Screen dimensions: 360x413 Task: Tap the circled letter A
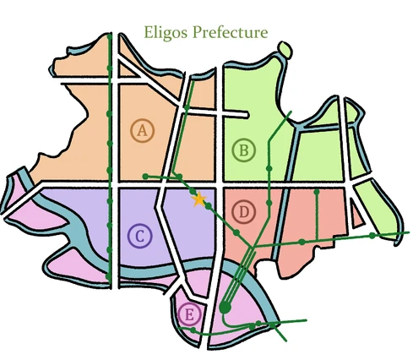coord(143,130)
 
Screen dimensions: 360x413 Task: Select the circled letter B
coord(243,150)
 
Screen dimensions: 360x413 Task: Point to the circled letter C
coord(139,236)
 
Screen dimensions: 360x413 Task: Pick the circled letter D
coord(243,210)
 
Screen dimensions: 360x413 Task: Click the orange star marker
coord(200,200)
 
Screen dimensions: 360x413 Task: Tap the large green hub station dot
coord(225,307)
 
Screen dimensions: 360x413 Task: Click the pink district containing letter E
coord(245,313)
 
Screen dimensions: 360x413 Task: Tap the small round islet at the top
coord(285,52)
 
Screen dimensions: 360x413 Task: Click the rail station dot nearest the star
coord(208,205)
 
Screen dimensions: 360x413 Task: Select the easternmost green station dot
coord(372,236)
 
